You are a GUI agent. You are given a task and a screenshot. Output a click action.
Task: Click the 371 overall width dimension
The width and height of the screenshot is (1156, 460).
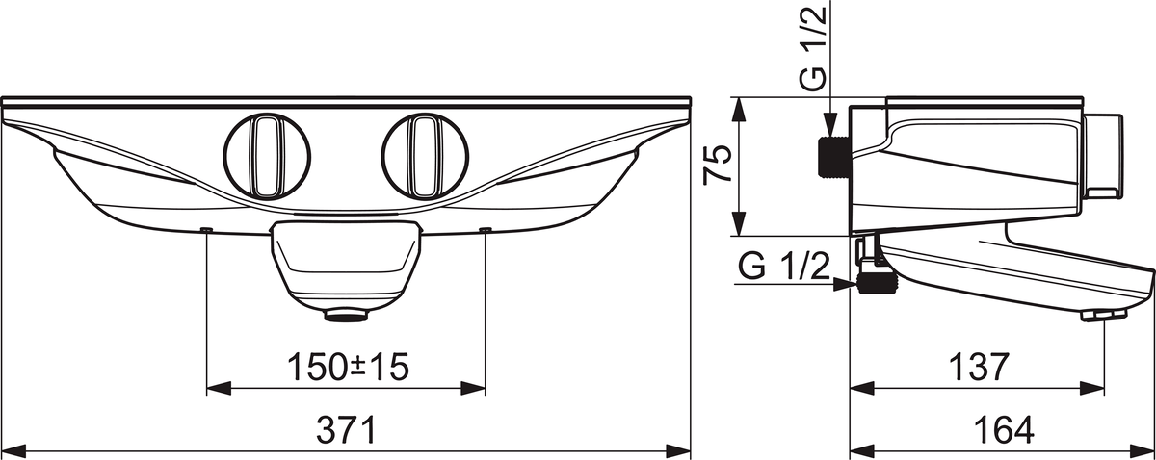point(346,430)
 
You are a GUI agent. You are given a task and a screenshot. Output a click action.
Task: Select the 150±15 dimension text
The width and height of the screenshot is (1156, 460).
point(348,368)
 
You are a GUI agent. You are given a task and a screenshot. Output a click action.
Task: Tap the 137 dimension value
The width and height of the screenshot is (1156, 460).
point(979,368)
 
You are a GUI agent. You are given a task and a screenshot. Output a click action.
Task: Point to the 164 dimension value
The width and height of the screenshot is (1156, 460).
point(1004,430)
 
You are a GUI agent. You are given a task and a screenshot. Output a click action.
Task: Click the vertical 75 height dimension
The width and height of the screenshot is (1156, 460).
point(718,164)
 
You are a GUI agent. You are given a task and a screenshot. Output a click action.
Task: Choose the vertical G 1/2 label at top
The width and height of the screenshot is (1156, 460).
point(812,49)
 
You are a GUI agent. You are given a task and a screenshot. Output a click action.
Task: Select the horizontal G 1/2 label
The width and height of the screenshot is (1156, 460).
point(783,267)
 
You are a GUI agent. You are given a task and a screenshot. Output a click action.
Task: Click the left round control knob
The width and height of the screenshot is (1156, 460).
point(268,156)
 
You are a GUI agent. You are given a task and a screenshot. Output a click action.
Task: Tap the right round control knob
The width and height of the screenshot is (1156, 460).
point(425,156)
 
